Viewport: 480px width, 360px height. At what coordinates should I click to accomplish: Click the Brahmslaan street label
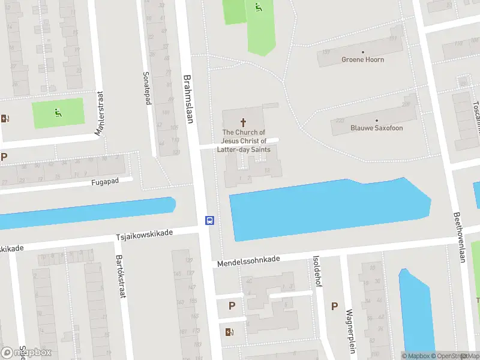(x=188, y=100)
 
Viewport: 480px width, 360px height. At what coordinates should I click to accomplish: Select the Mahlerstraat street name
(x=97, y=113)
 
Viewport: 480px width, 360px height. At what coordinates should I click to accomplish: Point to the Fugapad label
(x=112, y=181)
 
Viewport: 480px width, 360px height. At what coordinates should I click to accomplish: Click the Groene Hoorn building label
(x=362, y=60)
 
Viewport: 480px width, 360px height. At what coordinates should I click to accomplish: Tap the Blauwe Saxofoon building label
(x=376, y=128)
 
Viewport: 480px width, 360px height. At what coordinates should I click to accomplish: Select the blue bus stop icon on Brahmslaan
(x=209, y=220)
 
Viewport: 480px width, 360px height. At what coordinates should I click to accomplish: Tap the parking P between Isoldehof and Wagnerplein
(x=334, y=306)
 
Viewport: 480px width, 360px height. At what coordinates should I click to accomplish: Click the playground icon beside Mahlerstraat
(x=58, y=111)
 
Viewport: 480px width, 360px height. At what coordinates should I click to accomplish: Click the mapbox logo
(x=26, y=352)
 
